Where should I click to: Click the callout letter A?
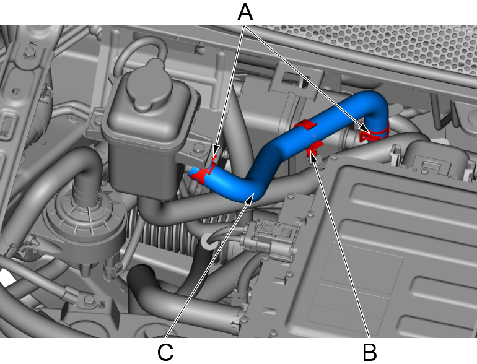point(245,12)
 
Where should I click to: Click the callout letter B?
point(370,352)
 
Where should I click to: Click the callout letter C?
point(165,352)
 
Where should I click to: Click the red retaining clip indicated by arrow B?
point(314,149)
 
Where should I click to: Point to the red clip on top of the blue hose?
point(305,124)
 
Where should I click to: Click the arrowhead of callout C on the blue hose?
point(249,200)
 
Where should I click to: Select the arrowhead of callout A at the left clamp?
point(215,151)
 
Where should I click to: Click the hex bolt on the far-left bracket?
point(29,53)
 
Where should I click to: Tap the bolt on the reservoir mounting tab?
point(198,148)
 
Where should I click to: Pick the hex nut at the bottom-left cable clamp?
point(89,300)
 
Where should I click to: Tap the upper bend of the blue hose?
point(374,103)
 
